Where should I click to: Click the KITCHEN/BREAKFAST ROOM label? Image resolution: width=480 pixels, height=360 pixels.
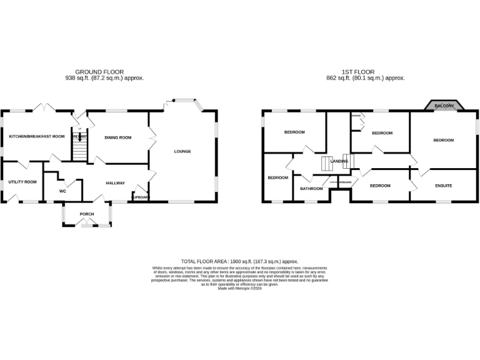coord(36,136)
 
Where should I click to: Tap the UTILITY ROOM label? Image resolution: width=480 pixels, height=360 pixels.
coord(22,182)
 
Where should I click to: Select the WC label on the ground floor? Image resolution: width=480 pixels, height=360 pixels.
coord(62,191)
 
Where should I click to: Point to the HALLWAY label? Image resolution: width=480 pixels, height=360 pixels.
coord(116,183)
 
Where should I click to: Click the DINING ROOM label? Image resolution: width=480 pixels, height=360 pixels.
coord(117,137)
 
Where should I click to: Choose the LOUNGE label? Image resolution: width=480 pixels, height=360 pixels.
coord(182,151)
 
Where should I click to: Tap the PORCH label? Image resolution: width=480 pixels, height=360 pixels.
coord(86,214)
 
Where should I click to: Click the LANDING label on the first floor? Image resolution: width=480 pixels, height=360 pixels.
coord(339,161)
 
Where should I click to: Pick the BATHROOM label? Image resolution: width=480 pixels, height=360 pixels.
coord(311,189)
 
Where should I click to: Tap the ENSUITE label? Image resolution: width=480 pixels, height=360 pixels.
coord(443,186)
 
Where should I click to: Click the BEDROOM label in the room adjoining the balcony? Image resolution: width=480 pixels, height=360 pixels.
coord(443,140)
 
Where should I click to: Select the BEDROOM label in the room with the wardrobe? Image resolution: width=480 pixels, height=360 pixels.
coord(382,133)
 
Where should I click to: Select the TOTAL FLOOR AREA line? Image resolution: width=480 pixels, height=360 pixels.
coord(239,261)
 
